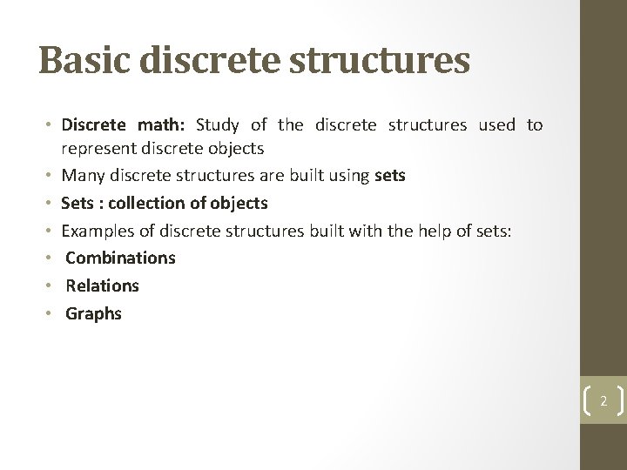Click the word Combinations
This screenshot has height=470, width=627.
coord(120,258)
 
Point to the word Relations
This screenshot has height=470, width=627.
coord(102,285)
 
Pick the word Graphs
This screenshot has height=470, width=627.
coord(94,313)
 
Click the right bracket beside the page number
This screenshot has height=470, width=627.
coord(619,400)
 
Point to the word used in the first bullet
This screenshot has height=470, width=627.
coord(497,125)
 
